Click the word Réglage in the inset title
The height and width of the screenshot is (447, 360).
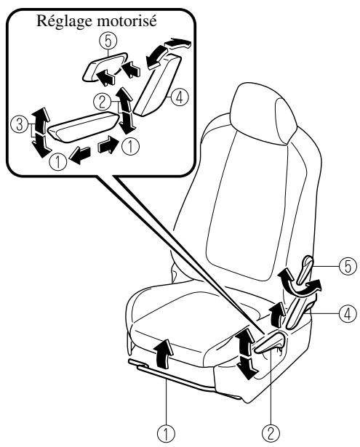click(63, 22)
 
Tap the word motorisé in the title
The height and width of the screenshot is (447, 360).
click(126, 20)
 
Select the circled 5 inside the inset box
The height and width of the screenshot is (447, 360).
click(108, 41)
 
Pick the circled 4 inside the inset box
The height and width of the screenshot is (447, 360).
click(179, 97)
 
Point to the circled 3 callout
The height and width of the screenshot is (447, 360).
click(19, 125)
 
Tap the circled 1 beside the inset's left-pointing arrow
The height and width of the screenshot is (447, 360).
click(58, 161)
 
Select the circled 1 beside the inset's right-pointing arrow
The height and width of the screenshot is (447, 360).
click(130, 147)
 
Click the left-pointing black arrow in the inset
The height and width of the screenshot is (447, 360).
click(80, 155)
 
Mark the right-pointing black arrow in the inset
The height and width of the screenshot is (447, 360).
click(108, 145)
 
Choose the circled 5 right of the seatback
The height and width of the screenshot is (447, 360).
click(348, 266)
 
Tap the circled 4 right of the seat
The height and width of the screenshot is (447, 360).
click(348, 314)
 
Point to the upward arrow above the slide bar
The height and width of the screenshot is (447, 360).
click(164, 353)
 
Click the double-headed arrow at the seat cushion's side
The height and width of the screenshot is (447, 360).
click(246, 353)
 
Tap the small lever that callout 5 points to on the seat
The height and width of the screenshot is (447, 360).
click(305, 270)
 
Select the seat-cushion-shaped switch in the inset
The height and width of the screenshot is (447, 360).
click(84, 127)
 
